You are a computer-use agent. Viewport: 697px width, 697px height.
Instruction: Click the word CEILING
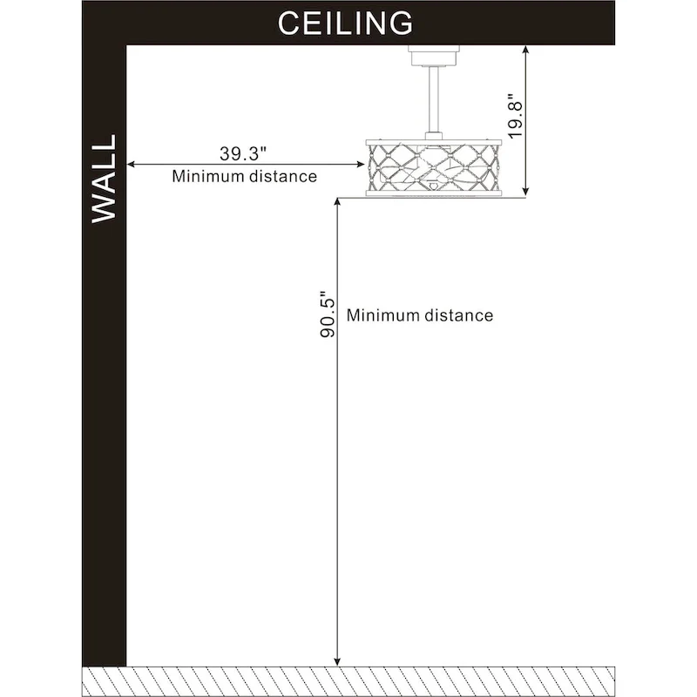pos(345,24)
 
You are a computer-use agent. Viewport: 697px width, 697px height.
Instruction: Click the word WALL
pos(104,179)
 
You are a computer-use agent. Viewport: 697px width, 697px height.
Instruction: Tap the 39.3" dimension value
pos(243,153)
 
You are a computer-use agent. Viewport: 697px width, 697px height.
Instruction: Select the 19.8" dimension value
pos(516,117)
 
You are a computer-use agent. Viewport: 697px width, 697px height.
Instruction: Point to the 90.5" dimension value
pos(328,315)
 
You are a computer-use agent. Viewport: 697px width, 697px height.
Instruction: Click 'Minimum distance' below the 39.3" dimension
pos(245,177)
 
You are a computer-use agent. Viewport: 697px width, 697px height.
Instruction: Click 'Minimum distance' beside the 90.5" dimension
pos(420,315)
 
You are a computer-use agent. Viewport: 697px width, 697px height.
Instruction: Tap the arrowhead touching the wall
pos(131,165)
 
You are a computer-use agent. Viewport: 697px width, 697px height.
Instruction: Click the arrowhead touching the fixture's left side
pos(361,165)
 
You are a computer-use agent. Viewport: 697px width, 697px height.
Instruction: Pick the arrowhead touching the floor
pos(337,662)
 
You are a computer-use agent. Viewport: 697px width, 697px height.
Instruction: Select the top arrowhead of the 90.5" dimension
pos(337,202)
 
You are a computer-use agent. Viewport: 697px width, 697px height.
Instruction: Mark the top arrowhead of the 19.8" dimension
pos(526,50)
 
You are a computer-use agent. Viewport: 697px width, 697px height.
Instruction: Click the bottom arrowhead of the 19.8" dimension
pos(526,191)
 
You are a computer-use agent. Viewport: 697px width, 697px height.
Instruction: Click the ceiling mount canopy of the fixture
pos(434,56)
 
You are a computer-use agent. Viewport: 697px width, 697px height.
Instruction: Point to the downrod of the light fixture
pos(433,99)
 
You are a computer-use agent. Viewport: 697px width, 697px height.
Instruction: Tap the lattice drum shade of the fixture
pos(434,168)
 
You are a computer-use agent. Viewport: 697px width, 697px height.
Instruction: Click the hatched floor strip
pos(348,681)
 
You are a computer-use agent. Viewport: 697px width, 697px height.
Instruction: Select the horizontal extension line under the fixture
pos(431,198)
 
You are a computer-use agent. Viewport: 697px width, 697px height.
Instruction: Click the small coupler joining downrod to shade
pos(433,136)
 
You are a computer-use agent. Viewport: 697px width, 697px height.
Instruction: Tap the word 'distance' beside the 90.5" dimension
pos(459,315)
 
